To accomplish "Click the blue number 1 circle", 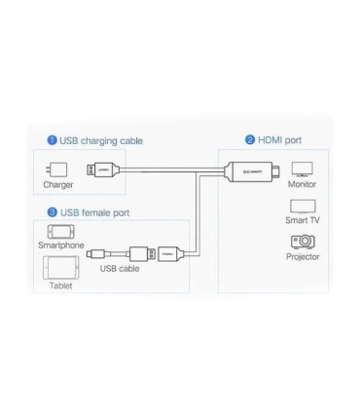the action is pos(53,140).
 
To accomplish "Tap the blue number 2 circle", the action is pos(250,140).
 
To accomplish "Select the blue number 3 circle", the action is pos(52,211).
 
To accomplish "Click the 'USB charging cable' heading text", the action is pos(101,140).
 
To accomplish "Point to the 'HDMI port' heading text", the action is pos(280,140).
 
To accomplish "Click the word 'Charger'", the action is pos(58,185).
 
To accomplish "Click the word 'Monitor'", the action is pos(303,184).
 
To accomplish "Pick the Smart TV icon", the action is pos(303,206).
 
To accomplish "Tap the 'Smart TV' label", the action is pos(303,220).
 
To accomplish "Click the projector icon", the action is pos(303,241).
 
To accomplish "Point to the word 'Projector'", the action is pos(303,256).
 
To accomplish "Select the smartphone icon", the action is pos(60,232).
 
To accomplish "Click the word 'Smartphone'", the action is pos(60,245).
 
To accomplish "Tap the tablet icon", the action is pos(60,267).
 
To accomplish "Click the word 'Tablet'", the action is pos(60,285).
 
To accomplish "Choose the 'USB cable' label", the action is pos(120,268).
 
